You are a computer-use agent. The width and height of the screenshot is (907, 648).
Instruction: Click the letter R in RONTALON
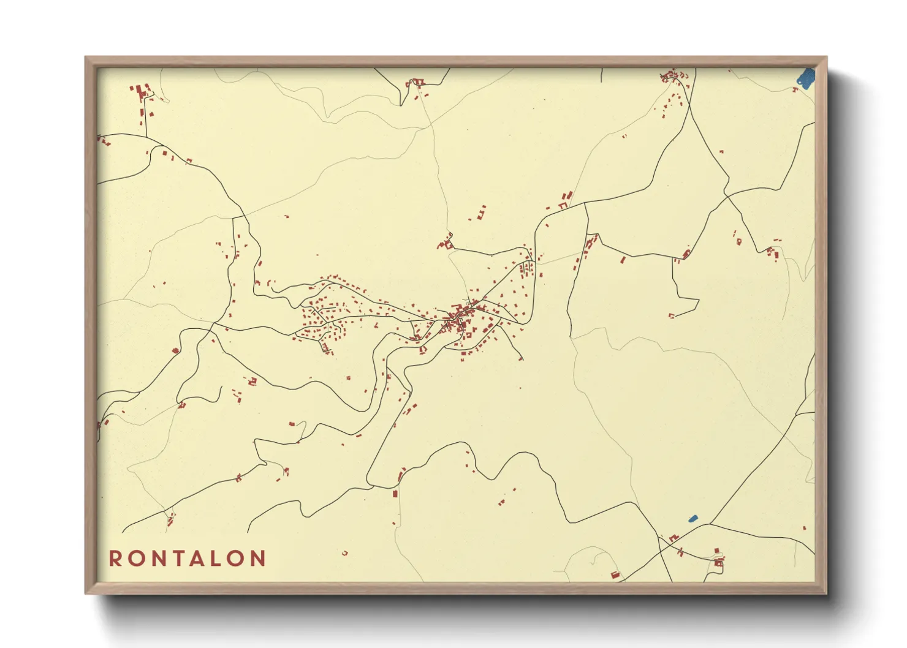(115, 559)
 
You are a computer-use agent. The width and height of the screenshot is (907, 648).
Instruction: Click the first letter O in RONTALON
(134, 559)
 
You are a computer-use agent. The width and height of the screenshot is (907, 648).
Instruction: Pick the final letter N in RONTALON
(259, 559)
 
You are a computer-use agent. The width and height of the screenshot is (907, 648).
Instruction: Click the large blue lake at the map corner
(806, 78)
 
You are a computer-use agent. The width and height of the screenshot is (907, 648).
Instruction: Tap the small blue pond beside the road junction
(693, 519)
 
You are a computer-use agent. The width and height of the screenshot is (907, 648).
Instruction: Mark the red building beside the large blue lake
(795, 90)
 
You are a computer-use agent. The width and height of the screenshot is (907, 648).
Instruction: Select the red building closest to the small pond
(675, 537)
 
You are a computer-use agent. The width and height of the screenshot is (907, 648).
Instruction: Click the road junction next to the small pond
(709, 524)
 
